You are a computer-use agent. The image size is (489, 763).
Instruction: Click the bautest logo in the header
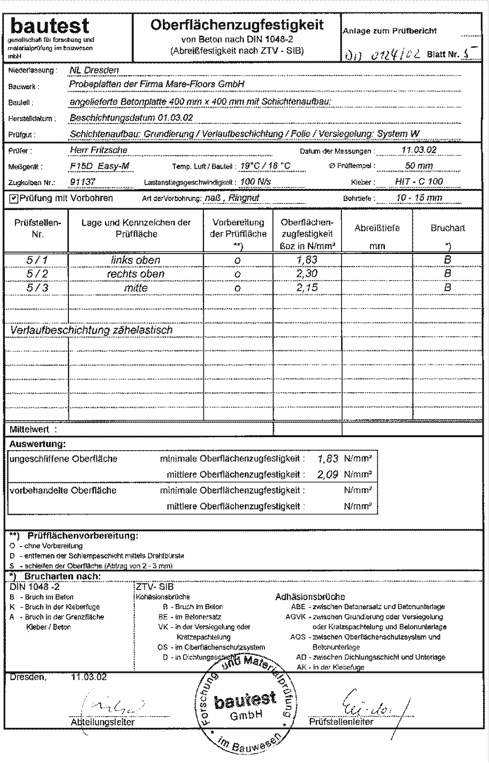click(x=50, y=27)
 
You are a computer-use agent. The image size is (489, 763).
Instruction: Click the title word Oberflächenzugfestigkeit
click(x=237, y=25)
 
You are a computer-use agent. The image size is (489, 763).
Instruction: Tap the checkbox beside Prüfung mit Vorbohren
click(x=13, y=198)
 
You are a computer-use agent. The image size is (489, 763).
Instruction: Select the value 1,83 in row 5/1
click(x=307, y=260)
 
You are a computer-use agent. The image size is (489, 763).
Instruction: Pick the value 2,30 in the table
click(x=307, y=274)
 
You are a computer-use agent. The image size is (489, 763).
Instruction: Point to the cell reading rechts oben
click(x=135, y=274)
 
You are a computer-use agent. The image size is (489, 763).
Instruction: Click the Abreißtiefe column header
click(x=377, y=228)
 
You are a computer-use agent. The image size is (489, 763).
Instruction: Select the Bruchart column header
click(x=448, y=228)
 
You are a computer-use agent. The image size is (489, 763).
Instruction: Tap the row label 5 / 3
click(x=40, y=288)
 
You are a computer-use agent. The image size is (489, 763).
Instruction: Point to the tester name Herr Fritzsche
click(x=98, y=150)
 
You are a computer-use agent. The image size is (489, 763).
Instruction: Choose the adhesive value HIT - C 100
click(x=416, y=182)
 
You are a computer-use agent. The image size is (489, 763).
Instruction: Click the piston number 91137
click(x=82, y=182)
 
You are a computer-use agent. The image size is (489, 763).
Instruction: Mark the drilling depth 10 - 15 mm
click(x=419, y=198)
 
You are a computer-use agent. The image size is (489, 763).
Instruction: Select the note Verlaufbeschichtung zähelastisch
click(x=91, y=330)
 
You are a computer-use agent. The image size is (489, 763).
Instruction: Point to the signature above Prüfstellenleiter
click(x=370, y=704)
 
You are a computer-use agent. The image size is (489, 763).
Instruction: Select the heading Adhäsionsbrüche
click(x=310, y=597)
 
